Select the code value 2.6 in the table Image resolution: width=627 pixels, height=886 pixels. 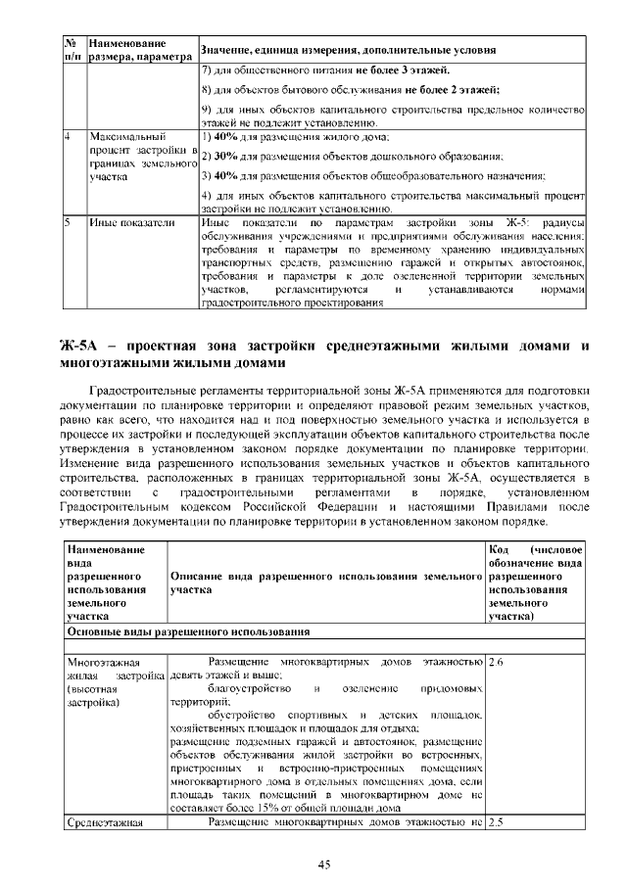coord(496,662)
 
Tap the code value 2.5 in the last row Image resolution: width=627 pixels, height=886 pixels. coord(496,821)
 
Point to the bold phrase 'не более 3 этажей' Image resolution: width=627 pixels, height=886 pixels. coord(402,71)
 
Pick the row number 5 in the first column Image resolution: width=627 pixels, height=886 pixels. coord(68,223)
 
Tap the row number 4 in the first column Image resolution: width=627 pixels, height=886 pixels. coord(68,136)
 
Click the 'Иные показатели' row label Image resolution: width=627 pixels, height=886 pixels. coord(132,223)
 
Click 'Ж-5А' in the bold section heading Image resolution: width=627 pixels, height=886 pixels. coord(81,347)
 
